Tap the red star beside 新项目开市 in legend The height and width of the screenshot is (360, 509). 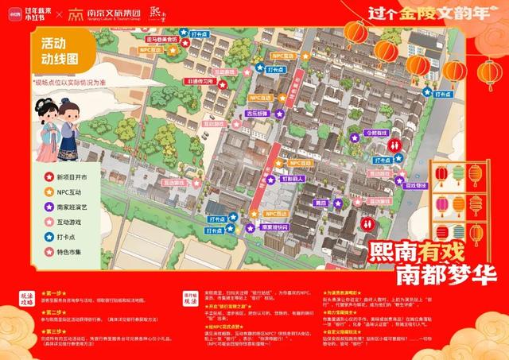[x=37, y=176]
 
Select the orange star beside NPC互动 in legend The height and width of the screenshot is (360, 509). [x=37, y=192]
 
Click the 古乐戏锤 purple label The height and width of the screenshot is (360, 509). [x=256, y=114]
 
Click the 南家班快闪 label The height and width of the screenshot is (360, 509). [x=277, y=226]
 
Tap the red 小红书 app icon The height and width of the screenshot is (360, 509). [x=10, y=14]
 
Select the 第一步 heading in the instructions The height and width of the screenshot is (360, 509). [x=47, y=293]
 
